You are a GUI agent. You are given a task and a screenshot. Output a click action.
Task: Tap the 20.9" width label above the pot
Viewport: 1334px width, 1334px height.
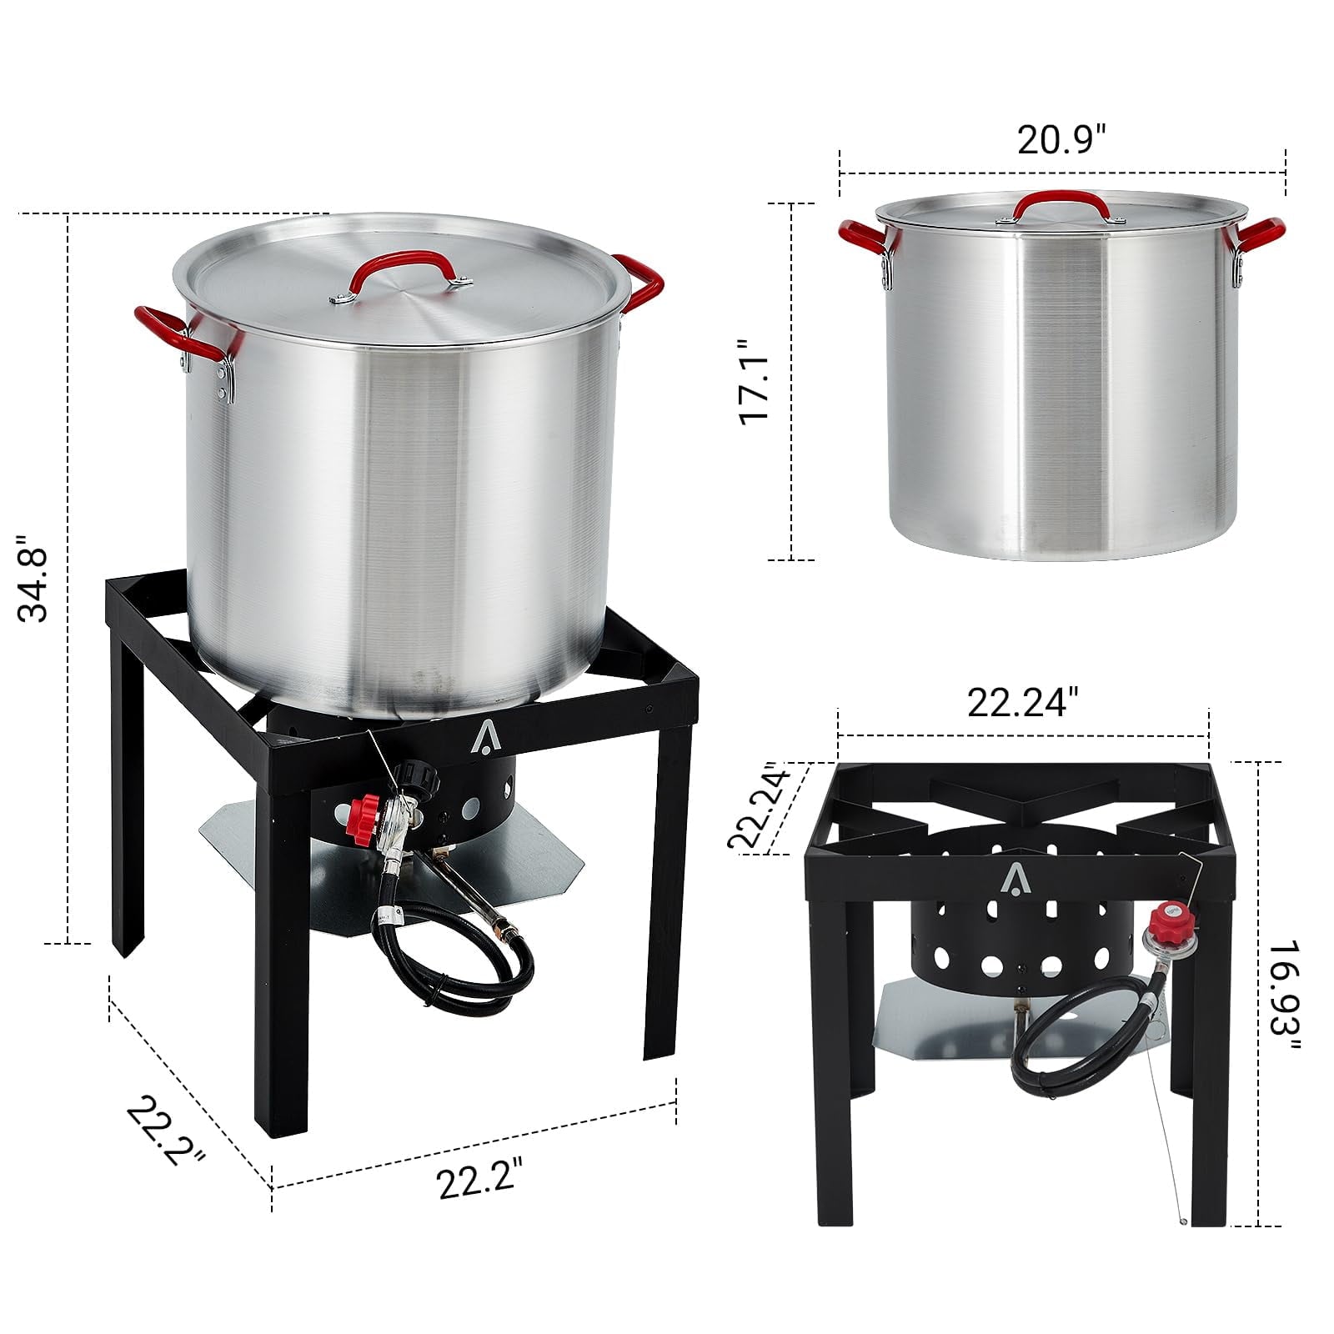[1061, 139]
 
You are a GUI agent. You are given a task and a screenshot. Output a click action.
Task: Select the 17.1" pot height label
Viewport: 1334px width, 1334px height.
[755, 381]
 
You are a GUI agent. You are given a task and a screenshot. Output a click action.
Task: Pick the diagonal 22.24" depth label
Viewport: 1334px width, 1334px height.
[757, 805]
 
